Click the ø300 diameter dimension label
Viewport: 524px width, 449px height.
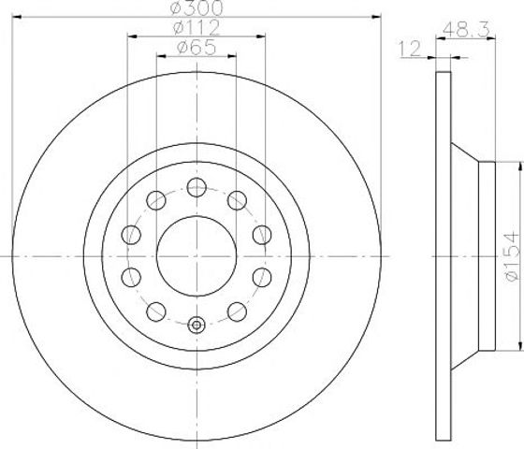click(x=196, y=8)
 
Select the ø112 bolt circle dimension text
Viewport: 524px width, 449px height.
click(x=196, y=27)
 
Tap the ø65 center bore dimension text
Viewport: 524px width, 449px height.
click(x=196, y=48)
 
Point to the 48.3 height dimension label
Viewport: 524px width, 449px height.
click(x=466, y=29)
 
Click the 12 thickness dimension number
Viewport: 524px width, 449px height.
click(x=410, y=49)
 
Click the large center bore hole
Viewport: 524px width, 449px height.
click(x=196, y=256)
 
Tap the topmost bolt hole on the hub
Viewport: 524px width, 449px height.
click(x=196, y=187)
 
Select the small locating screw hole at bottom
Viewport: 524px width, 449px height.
click(x=196, y=326)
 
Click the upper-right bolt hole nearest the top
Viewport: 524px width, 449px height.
click(x=237, y=200)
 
